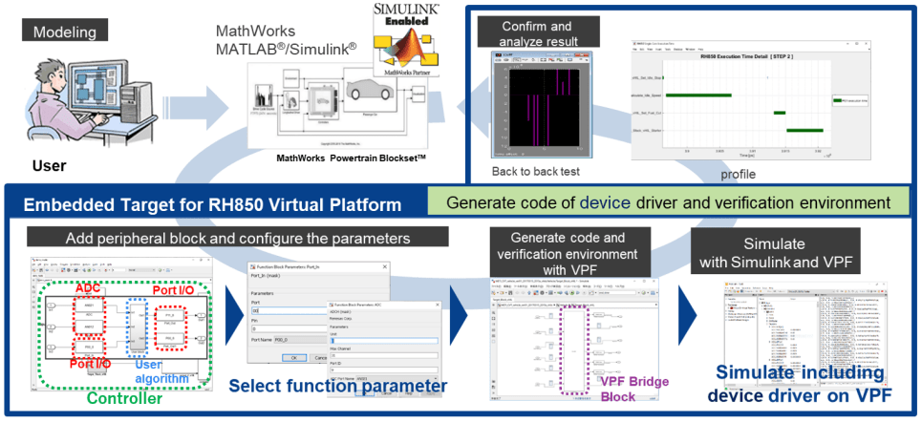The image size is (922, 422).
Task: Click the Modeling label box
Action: click(x=64, y=31)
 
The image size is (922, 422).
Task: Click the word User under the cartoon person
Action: click(x=50, y=165)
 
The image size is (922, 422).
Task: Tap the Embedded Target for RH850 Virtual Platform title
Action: click(x=209, y=204)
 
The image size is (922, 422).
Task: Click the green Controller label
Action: click(x=121, y=398)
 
